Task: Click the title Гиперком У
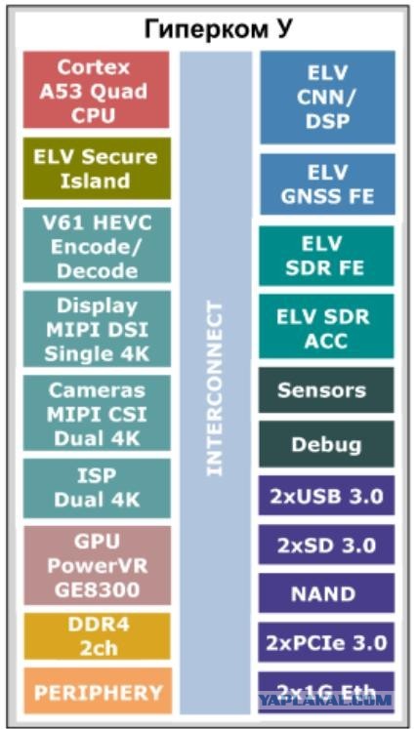click(218, 30)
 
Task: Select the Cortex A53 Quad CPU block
click(97, 90)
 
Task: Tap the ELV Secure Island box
click(97, 168)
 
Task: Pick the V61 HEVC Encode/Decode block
click(97, 245)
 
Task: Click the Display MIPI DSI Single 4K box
click(97, 329)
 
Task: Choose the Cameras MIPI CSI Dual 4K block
click(97, 413)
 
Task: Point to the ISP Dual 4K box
click(97, 488)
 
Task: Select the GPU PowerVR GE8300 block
click(97, 565)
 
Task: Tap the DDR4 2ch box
click(97, 636)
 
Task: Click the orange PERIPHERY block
click(98, 691)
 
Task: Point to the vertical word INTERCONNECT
click(215, 388)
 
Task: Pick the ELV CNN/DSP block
click(328, 98)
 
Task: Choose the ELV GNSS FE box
click(328, 184)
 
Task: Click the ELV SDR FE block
click(327, 256)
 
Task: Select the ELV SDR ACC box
click(327, 326)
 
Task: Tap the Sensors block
click(327, 390)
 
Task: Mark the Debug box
click(327, 444)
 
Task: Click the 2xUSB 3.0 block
click(327, 495)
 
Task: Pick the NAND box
click(327, 592)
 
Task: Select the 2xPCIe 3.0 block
click(327, 642)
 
